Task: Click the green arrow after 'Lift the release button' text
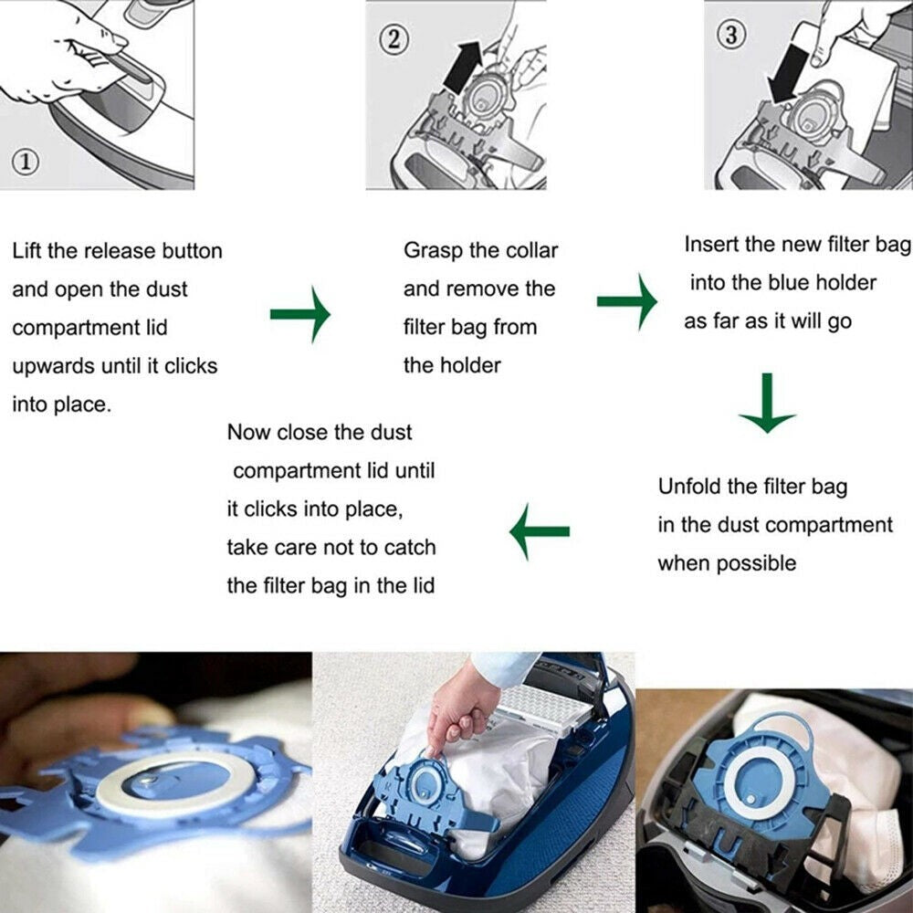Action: (x=299, y=313)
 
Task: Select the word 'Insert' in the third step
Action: (x=712, y=245)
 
